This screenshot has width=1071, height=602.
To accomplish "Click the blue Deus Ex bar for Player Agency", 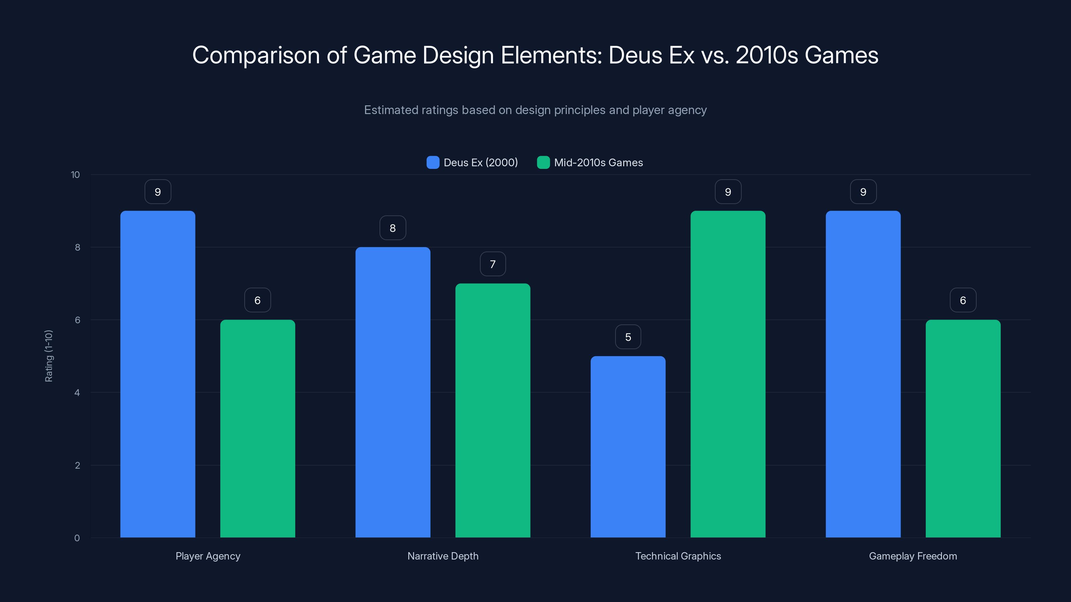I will click(158, 374).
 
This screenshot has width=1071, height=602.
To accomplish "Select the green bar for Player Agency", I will click(257, 428).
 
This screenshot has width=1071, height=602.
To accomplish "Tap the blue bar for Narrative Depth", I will click(393, 392).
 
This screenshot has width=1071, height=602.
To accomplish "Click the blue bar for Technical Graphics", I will click(628, 446).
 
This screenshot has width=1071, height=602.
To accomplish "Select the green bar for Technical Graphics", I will click(728, 374).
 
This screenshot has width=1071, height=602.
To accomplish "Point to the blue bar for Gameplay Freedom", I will click(863, 374).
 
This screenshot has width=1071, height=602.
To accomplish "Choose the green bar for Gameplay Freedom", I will click(963, 428).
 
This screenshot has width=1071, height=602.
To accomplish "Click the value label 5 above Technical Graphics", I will click(628, 337).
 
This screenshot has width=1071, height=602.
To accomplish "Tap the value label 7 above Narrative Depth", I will click(493, 264).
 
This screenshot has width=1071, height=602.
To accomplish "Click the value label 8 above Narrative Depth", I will click(393, 228).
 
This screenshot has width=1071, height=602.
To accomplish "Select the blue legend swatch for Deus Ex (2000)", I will click(433, 163).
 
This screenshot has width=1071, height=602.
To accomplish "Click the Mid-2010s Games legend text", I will click(598, 163).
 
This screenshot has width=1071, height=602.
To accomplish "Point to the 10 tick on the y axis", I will click(75, 175).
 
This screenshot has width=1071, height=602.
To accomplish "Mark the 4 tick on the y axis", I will click(77, 393).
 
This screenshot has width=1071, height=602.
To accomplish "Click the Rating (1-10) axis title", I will click(49, 356).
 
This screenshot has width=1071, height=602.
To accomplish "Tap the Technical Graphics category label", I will click(678, 556).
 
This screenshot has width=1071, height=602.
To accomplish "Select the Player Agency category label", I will click(208, 556).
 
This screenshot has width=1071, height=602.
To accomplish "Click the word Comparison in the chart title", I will click(256, 55).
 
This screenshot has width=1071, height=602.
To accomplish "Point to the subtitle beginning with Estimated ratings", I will click(535, 110).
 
